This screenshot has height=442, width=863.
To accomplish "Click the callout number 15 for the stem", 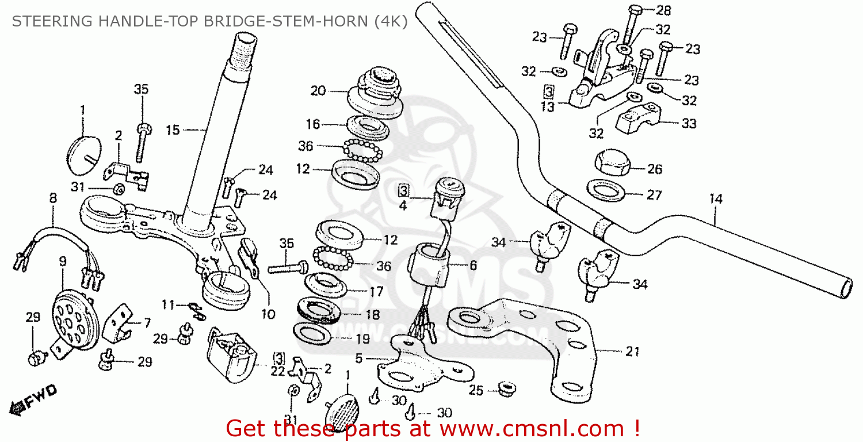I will point(173,130).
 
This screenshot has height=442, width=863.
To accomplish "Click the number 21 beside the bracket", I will point(632,352).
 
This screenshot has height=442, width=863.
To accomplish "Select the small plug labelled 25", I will point(507,389).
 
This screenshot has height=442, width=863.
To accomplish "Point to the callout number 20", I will point(318,90).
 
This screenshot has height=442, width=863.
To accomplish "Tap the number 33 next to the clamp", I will point(689,124).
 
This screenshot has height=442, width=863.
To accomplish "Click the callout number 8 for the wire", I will point(53,198).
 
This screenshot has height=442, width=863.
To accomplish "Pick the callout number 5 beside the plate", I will point(358,359).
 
